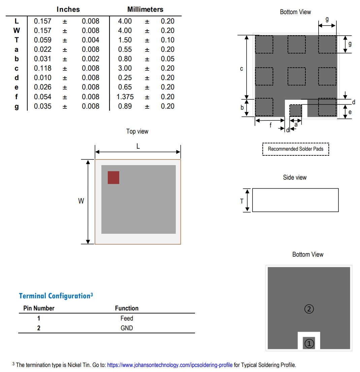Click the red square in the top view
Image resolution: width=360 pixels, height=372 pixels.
click(113, 178)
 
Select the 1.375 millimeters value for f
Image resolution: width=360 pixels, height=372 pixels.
click(125, 97)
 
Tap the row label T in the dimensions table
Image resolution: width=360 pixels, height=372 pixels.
click(17, 40)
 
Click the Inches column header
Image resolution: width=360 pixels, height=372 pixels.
click(68, 9)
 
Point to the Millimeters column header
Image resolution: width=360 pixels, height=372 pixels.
click(145, 9)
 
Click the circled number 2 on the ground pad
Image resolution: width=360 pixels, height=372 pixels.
click(309, 308)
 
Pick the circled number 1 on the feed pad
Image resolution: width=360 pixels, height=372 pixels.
click(309, 343)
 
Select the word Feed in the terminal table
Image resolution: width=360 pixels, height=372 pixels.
click(127, 318)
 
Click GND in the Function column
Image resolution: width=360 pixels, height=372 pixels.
click(127, 328)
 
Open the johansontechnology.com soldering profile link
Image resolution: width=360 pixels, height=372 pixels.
click(170, 365)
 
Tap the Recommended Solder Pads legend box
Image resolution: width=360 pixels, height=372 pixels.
click(295, 149)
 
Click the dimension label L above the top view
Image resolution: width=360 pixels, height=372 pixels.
click(138, 146)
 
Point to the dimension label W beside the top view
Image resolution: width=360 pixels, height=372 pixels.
click(81, 201)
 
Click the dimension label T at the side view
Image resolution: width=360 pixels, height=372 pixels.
click(241, 201)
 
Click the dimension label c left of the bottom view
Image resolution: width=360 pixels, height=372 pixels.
click(241, 69)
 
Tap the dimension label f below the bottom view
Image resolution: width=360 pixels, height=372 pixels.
click(270, 125)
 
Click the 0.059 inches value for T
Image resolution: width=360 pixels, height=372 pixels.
click(43, 40)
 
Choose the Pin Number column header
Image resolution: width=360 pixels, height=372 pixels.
click(39, 308)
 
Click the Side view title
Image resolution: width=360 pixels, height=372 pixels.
click(295, 178)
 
